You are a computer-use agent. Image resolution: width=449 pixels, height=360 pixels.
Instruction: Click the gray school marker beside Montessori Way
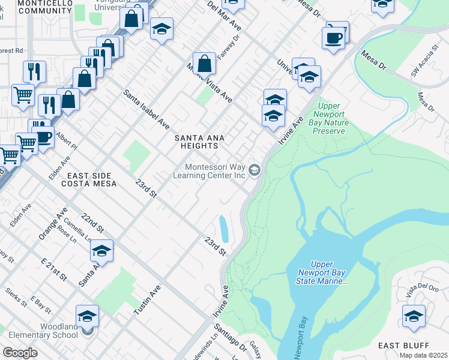click(x=255, y=172)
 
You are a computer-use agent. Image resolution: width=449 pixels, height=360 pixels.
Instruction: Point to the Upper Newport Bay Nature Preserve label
click(x=328, y=122)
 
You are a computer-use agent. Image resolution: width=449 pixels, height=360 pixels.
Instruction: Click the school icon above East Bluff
click(x=414, y=316)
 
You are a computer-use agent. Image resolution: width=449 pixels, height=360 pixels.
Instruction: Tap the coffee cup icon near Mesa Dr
click(x=333, y=38)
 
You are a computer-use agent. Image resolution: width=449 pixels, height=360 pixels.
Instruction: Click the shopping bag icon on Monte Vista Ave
click(x=204, y=64)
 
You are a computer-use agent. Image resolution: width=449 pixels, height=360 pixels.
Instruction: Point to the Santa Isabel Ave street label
click(x=146, y=109)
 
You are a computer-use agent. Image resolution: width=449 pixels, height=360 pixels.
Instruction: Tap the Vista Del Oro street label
click(x=418, y=291)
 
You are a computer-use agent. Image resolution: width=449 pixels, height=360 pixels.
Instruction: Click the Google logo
click(x=20, y=353)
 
